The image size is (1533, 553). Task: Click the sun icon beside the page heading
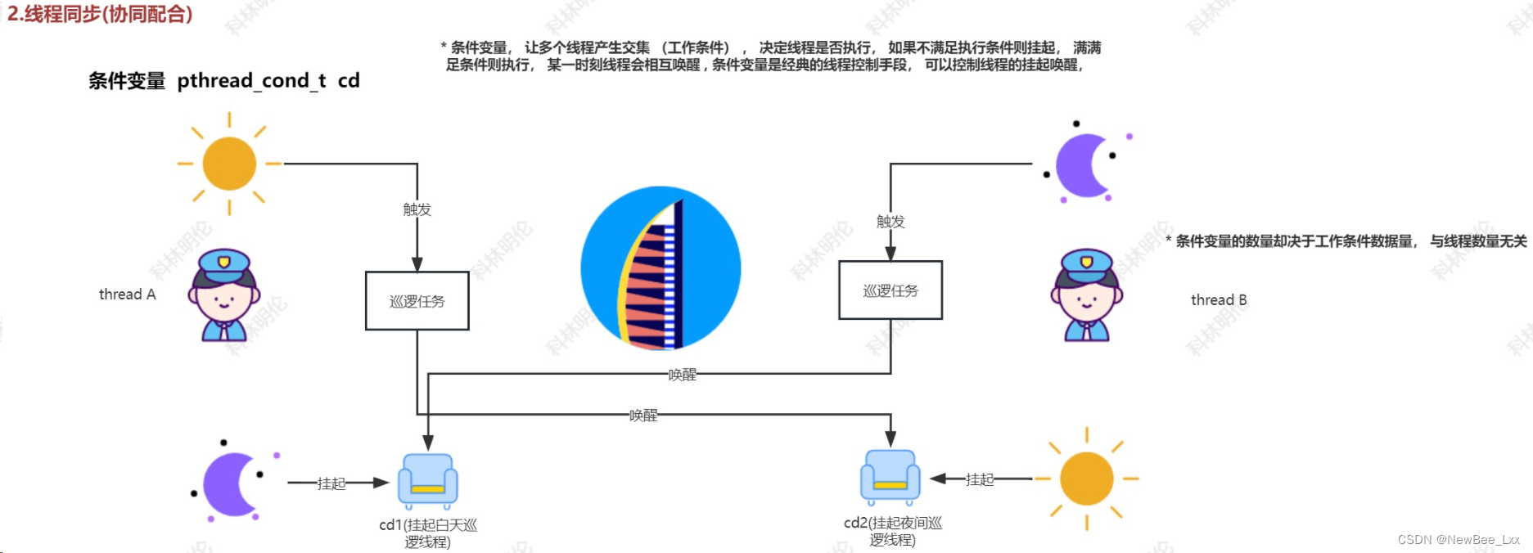click(229, 164)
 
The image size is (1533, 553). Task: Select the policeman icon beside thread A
click(224, 295)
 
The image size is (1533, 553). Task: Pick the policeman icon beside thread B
click(1087, 295)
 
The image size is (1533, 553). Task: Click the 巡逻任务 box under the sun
click(417, 301)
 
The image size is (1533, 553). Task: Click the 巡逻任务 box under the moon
click(890, 290)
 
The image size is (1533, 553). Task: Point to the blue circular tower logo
click(661, 268)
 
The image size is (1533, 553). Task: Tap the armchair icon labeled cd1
click(427, 481)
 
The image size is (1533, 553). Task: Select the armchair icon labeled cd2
click(890, 478)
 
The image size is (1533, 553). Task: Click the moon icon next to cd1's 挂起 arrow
click(232, 484)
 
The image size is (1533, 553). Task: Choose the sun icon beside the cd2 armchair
click(1086, 479)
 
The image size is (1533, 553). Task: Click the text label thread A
click(127, 294)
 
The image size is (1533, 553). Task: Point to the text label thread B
click(1219, 300)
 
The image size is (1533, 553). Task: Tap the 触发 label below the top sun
click(417, 209)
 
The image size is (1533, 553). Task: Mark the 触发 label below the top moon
click(890, 222)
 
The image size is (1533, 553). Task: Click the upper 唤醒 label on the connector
click(682, 375)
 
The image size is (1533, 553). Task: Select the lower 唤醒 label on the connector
click(643, 416)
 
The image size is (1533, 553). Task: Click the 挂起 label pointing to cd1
click(331, 483)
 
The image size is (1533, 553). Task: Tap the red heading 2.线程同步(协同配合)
click(100, 14)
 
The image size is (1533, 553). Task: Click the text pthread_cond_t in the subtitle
click(251, 80)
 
